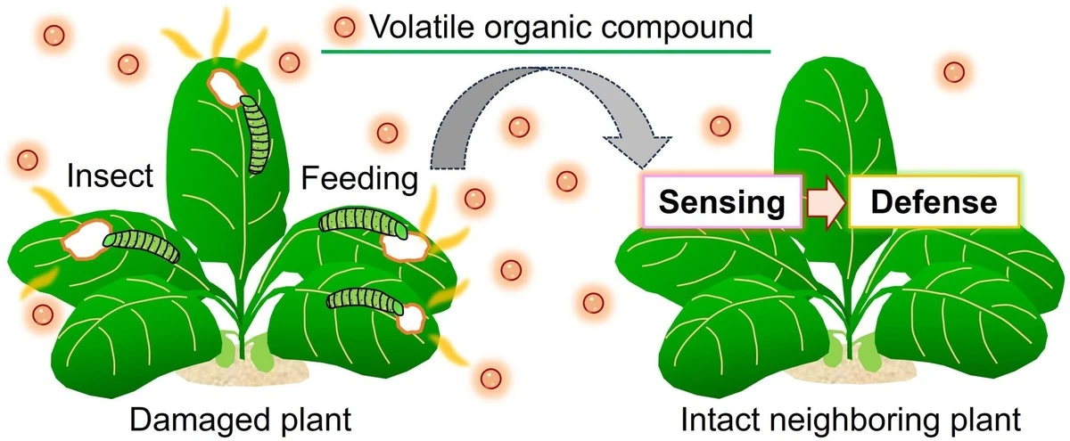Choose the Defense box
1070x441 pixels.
point(933,201)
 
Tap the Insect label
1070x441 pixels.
point(111,177)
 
